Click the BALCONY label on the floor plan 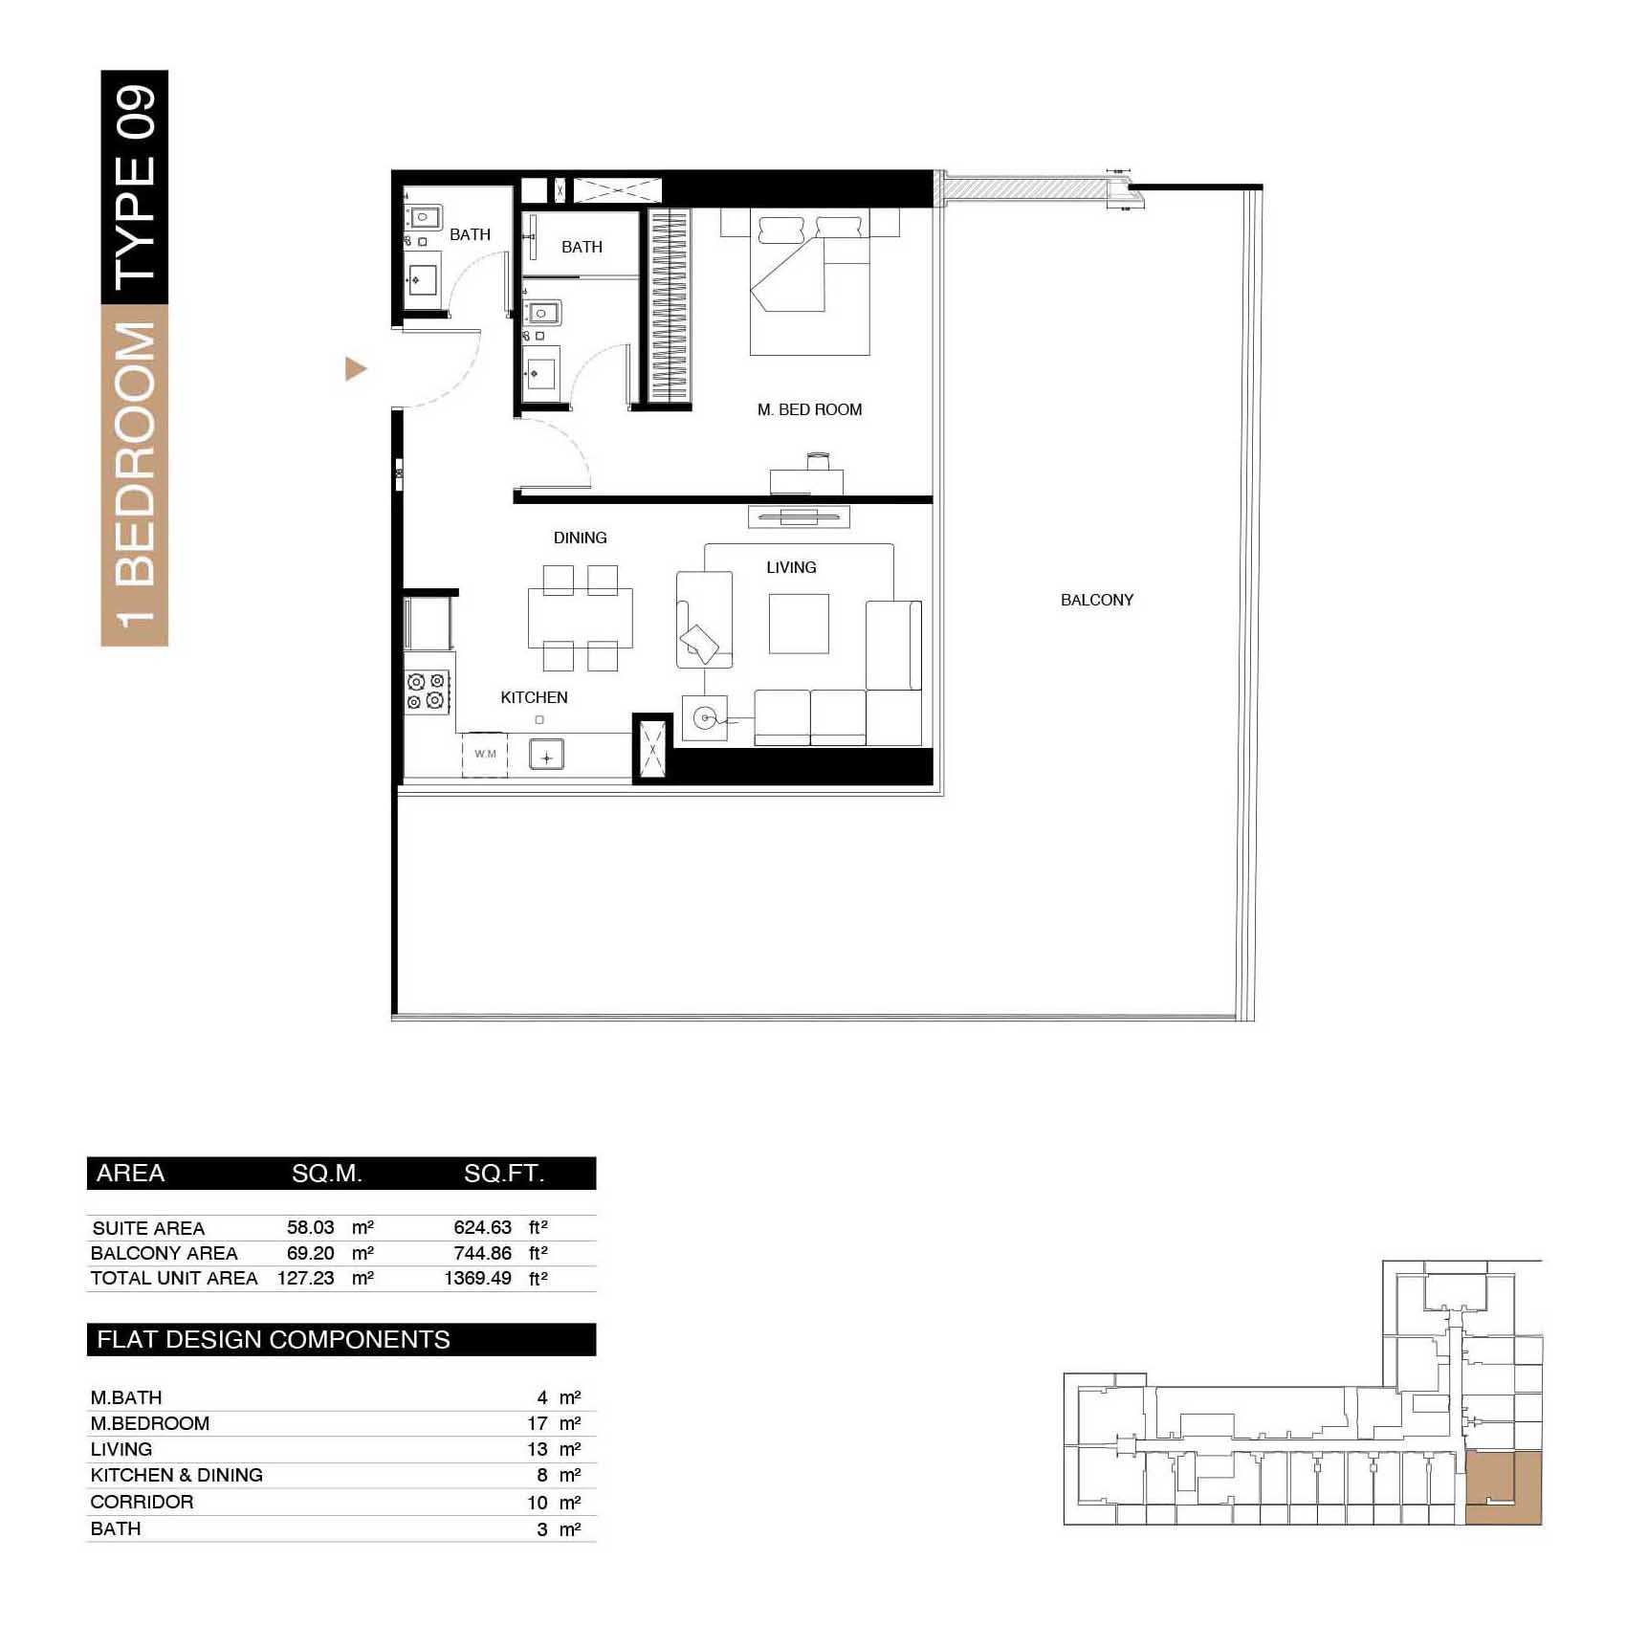[x=1097, y=601]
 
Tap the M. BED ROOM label [x=809, y=410]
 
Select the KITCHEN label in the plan [x=534, y=698]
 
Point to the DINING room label [x=580, y=538]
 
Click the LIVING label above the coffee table [x=791, y=568]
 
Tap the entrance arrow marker [x=356, y=369]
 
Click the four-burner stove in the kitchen [x=428, y=692]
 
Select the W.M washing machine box [x=485, y=755]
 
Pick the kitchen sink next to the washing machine [x=546, y=756]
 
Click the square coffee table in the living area [x=799, y=624]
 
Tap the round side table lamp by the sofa [x=705, y=717]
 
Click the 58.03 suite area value [x=311, y=1227]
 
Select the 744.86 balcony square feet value [x=483, y=1253]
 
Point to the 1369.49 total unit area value [x=477, y=1279]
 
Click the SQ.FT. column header [x=504, y=1174]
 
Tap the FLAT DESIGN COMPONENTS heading [x=274, y=1340]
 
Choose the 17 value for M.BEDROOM [x=538, y=1424]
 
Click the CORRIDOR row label [x=142, y=1503]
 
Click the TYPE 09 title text [x=135, y=187]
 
